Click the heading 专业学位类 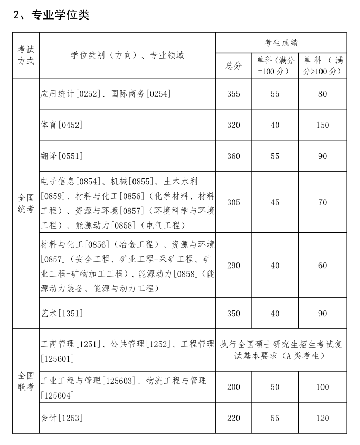click(x=51, y=15)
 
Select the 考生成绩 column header click(x=281, y=43)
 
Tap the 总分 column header click(x=233, y=65)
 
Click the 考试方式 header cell click(x=26, y=55)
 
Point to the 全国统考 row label click(x=26, y=203)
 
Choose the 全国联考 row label click(x=26, y=381)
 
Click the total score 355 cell click(x=233, y=94)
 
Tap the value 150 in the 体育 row click(x=323, y=125)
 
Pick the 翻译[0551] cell click(x=62, y=156)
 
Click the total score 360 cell click(x=233, y=156)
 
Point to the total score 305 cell click(x=233, y=202)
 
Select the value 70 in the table click(x=323, y=202)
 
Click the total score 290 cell click(x=233, y=265)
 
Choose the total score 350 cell click(x=233, y=313)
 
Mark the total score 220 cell click(x=233, y=418)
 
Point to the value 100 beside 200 click(x=323, y=387)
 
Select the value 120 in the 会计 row click(x=323, y=418)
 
